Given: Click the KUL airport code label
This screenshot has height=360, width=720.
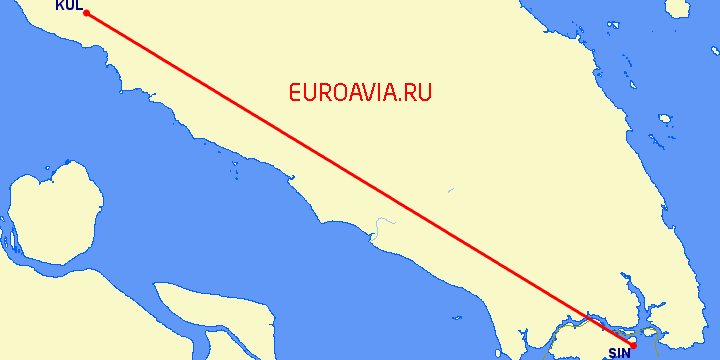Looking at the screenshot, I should (x=69, y=5).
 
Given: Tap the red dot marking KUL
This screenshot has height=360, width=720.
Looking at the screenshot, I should (x=86, y=13).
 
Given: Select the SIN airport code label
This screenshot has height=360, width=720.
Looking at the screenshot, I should (x=620, y=353).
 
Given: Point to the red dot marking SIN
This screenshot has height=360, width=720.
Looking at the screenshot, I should (x=634, y=346).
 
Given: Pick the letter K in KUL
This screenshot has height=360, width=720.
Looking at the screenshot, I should (x=60, y=5).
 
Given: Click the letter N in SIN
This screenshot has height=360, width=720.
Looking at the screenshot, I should (x=627, y=353).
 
